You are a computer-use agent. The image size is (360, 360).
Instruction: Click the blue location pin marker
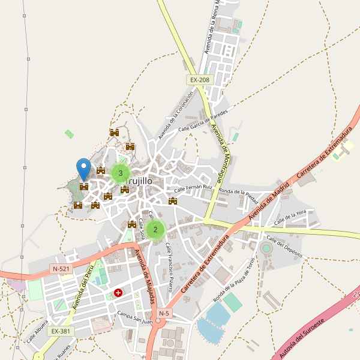83,167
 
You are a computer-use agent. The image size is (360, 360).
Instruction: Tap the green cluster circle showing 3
121,173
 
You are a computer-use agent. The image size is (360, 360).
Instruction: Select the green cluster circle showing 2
155,229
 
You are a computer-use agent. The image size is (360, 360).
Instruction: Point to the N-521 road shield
61,269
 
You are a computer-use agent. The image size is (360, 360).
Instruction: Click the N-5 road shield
164,313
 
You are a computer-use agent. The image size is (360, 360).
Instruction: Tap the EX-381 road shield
61,331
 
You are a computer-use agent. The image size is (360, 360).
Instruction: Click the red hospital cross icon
118,293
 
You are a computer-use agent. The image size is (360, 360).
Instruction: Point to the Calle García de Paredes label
203,120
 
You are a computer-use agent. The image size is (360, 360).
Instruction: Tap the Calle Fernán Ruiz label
193,188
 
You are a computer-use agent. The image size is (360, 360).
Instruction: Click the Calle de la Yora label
290,218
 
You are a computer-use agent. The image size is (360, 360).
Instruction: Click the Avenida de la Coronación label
176,115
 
